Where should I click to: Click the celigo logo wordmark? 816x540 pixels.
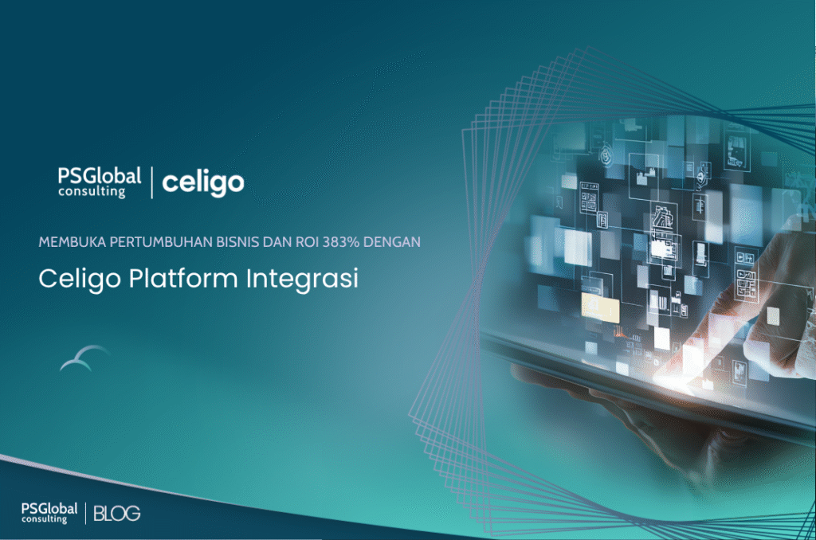pos(203,182)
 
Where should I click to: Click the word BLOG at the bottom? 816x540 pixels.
pos(117,514)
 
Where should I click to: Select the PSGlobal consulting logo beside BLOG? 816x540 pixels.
pos(49,513)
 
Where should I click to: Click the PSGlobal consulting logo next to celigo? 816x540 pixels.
pos(99,182)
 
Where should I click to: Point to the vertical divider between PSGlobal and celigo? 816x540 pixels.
pos(151,182)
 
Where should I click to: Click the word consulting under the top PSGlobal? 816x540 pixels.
pos(91,192)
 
